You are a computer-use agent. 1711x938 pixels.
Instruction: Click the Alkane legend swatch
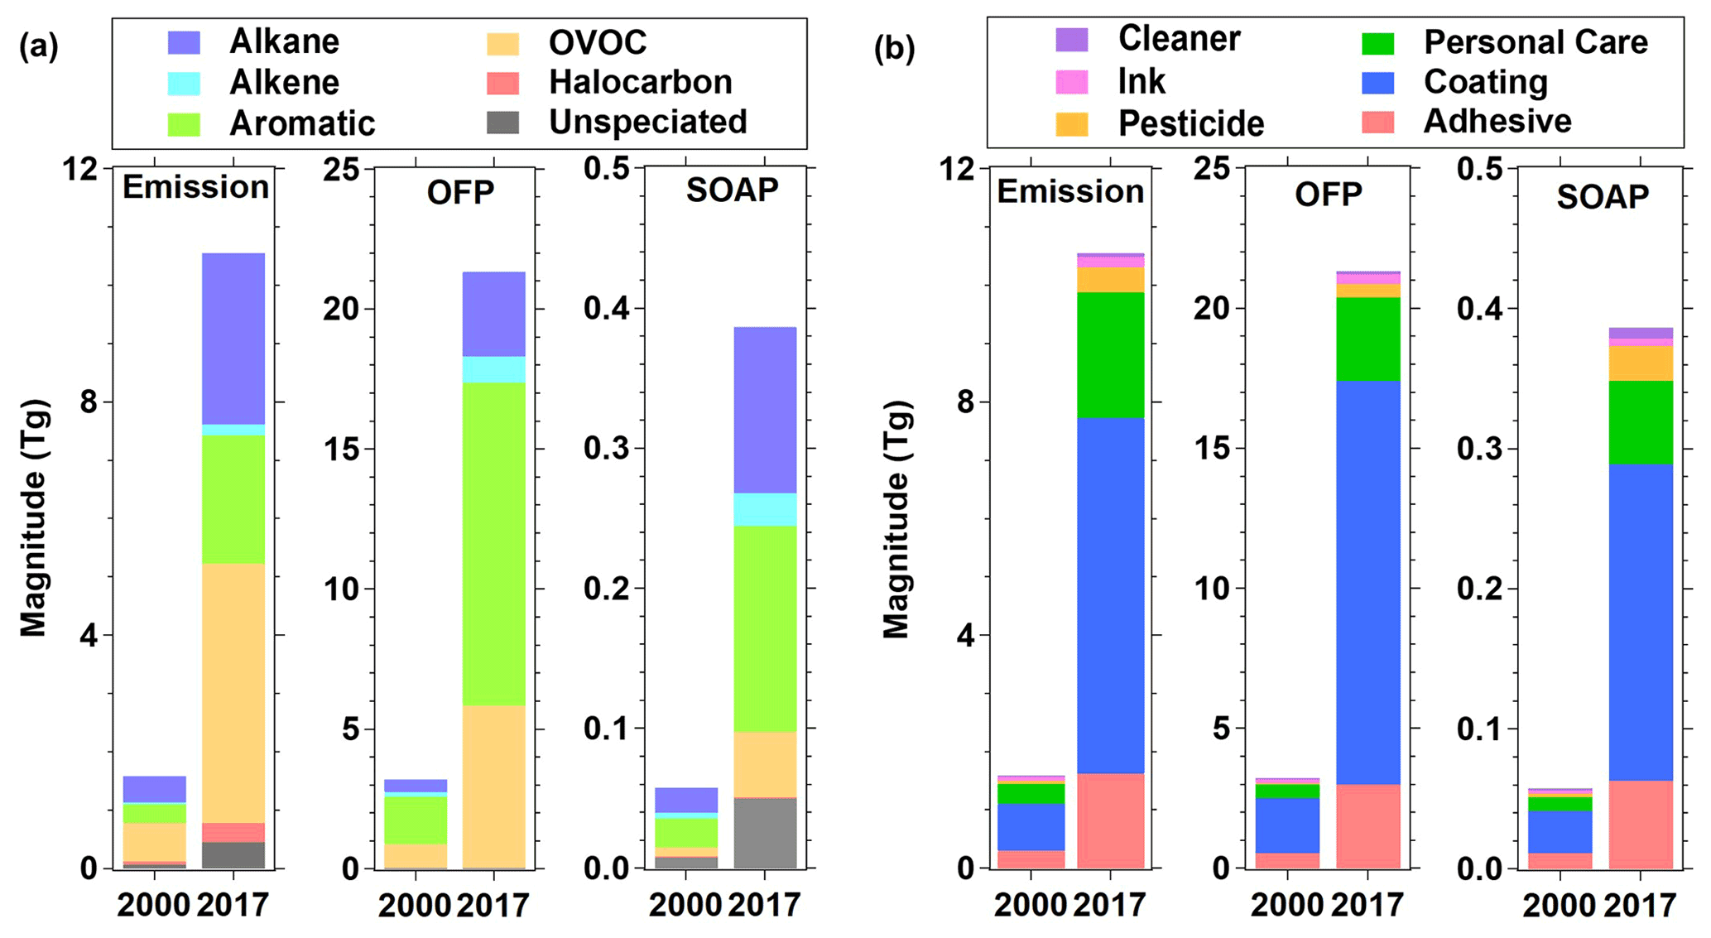tap(184, 42)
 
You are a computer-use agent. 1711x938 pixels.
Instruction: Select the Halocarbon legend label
tap(640, 82)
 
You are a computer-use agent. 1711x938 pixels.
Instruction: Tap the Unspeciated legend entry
tap(647, 122)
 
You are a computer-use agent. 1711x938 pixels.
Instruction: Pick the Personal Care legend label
tap(1536, 41)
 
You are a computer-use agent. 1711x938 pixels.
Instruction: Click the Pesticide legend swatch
tap(1071, 123)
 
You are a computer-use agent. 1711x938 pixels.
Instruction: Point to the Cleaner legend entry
tap(1179, 38)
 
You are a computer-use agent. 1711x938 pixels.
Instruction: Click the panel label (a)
tap(39, 46)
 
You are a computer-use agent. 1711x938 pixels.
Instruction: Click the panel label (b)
tap(895, 49)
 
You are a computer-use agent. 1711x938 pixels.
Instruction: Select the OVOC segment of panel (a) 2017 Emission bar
tap(233, 692)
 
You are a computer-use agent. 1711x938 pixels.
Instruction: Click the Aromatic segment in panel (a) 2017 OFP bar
tap(493, 543)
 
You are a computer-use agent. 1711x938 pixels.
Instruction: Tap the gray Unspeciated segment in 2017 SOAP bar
tap(765, 833)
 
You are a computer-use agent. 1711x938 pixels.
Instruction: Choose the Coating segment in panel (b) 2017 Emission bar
tap(1110, 595)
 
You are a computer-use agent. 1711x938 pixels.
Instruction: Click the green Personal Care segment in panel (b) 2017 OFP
tap(1367, 339)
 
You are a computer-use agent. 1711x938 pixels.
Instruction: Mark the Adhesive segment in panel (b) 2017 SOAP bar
tap(1640, 824)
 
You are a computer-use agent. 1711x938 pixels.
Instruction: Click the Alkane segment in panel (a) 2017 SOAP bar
tap(765, 410)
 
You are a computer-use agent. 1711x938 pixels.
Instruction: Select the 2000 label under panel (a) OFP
tap(414, 905)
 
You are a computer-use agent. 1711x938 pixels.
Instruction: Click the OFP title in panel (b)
tap(1328, 195)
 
